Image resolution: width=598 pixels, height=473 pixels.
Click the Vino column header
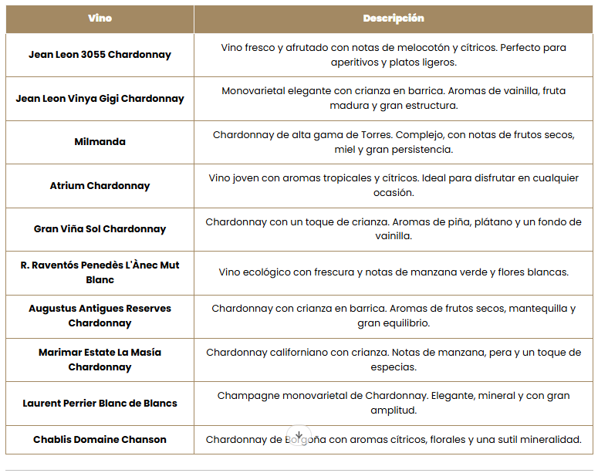click(100, 19)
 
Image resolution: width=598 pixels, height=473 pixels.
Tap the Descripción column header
click(394, 19)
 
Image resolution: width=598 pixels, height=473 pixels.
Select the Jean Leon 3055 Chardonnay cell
click(100, 55)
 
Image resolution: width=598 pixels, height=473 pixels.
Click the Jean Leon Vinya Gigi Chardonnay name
click(100, 99)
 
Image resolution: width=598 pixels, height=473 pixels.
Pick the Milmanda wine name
click(100, 142)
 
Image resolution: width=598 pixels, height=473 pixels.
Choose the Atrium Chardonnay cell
click(100, 186)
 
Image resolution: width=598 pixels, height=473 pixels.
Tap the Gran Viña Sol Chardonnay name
click(100, 229)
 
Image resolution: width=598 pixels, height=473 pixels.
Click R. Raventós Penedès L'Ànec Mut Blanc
click(100, 272)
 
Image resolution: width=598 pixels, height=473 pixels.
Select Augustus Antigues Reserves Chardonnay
click(100, 316)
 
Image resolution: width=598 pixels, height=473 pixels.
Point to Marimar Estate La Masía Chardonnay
click(100, 360)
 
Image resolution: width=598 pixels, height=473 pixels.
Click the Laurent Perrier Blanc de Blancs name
click(100, 403)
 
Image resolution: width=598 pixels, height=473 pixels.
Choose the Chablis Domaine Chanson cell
click(100, 440)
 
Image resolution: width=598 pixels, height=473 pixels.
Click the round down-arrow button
click(299, 437)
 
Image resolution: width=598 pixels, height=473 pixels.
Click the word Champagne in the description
click(245, 396)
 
